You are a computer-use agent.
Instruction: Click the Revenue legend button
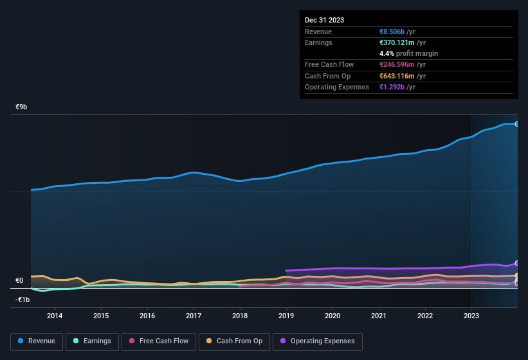[x=37, y=341]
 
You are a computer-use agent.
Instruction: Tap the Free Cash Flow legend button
[x=158, y=341]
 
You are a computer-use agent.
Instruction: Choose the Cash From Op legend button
[x=233, y=341]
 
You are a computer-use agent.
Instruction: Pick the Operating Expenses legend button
[x=318, y=341]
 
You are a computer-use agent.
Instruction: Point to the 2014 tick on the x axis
[x=55, y=316]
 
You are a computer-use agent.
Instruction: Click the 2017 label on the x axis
[x=194, y=316]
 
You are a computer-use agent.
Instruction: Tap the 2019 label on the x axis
[x=286, y=316]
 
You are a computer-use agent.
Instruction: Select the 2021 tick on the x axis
[x=379, y=316]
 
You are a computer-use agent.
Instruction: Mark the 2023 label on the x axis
[x=471, y=316]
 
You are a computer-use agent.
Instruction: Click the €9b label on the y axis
[x=21, y=107]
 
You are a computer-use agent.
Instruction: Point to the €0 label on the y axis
[x=19, y=281]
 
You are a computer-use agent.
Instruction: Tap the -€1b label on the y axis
[x=23, y=300]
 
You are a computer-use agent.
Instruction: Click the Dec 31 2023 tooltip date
[x=324, y=20]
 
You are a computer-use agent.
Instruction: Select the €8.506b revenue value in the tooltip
[x=392, y=32]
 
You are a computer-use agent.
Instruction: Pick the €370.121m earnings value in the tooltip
[x=398, y=42]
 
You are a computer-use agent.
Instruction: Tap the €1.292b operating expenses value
[x=392, y=87]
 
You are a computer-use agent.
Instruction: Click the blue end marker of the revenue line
[x=516, y=124]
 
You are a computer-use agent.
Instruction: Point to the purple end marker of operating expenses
[x=516, y=263]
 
